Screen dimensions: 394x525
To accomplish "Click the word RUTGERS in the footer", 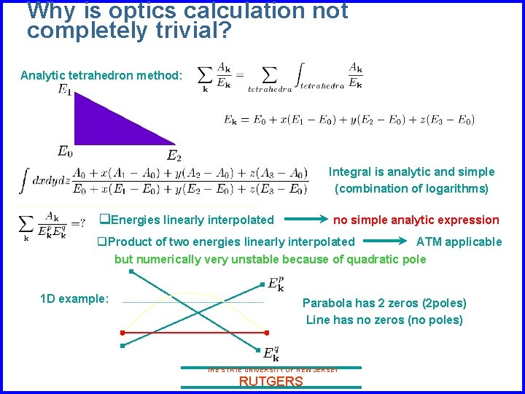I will pyautogui.click(x=271, y=382).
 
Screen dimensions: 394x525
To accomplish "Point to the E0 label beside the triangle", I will pyautogui.click(x=65, y=151).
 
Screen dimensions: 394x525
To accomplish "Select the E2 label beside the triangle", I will pyautogui.click(x=174, y=155).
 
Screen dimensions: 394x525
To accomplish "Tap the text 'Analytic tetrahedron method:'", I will pyautogui.click(x=101, y=76).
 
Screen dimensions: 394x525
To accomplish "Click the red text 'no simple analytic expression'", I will pyautogui.click(x=416, y=220).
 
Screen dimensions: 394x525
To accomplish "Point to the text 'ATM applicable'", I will pyautogui.click(x=459, y=242).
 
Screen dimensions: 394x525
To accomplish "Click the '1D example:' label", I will pyautogui.click(x=74, y=299).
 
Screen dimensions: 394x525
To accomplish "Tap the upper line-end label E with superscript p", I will pyautogui.click(x=276, y=284).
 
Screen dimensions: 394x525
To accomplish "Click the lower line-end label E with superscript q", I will pyautogui.click(x=271, y=354).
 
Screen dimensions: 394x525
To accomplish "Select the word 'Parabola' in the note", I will pyautogui.click(x=327, y=303).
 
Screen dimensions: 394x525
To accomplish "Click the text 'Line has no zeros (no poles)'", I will pyautogui.click(x=384, y=320).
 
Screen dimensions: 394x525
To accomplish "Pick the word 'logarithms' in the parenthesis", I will pyautogui.click(x=451, y=188).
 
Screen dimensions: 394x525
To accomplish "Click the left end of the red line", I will pyautogui.click(x=122, y=333).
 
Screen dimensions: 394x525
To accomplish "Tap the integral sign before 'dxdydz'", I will pyautogui.click(x=25, y=180).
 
